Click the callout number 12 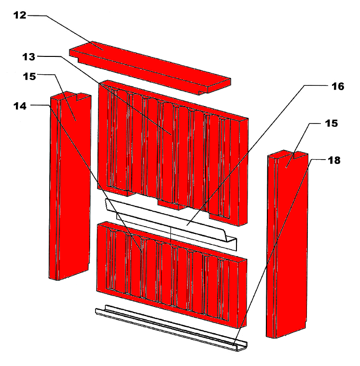point(20,15)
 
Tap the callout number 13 point(29,57)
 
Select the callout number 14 point(20,106)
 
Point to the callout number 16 point(338,86)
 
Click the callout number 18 point(334,161)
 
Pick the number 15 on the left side point(29,76)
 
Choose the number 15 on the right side point(331,123)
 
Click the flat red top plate point(150,68)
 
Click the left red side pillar point(69,186)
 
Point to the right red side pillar point(287,244)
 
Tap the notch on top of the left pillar point(82,96)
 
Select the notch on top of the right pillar point(300,155)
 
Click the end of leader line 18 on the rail point(234,345)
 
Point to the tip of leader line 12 point(103,50)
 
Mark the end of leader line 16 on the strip point(187,226)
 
